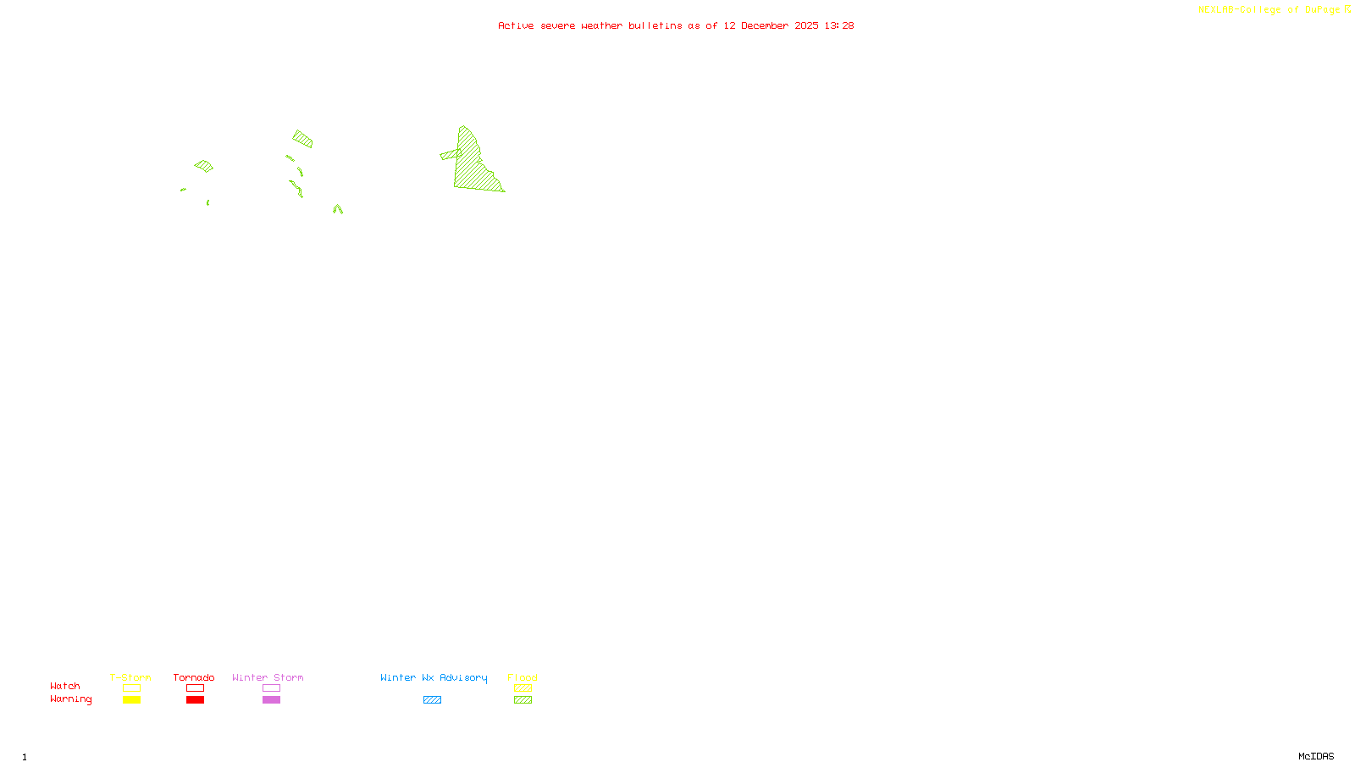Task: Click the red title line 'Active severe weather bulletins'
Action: [675, 26]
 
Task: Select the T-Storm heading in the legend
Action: [130, 677]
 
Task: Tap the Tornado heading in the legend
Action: [194, 677]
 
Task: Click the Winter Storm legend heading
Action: [268, 677]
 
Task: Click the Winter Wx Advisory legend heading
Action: [434, 677]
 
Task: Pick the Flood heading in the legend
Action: [523, 677]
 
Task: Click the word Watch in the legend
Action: [65, 686]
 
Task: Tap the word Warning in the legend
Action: [70, 699]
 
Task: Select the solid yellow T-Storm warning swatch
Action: [131, 700]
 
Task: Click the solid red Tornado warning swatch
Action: [195, 700]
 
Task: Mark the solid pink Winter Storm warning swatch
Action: [271, 700]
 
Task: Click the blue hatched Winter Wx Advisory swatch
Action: [432, 700]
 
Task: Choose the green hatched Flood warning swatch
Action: [523, 700]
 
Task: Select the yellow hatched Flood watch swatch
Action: [523, 688]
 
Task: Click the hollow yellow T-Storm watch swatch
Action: [131, 688]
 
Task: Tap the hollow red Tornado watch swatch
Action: [195, 688]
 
